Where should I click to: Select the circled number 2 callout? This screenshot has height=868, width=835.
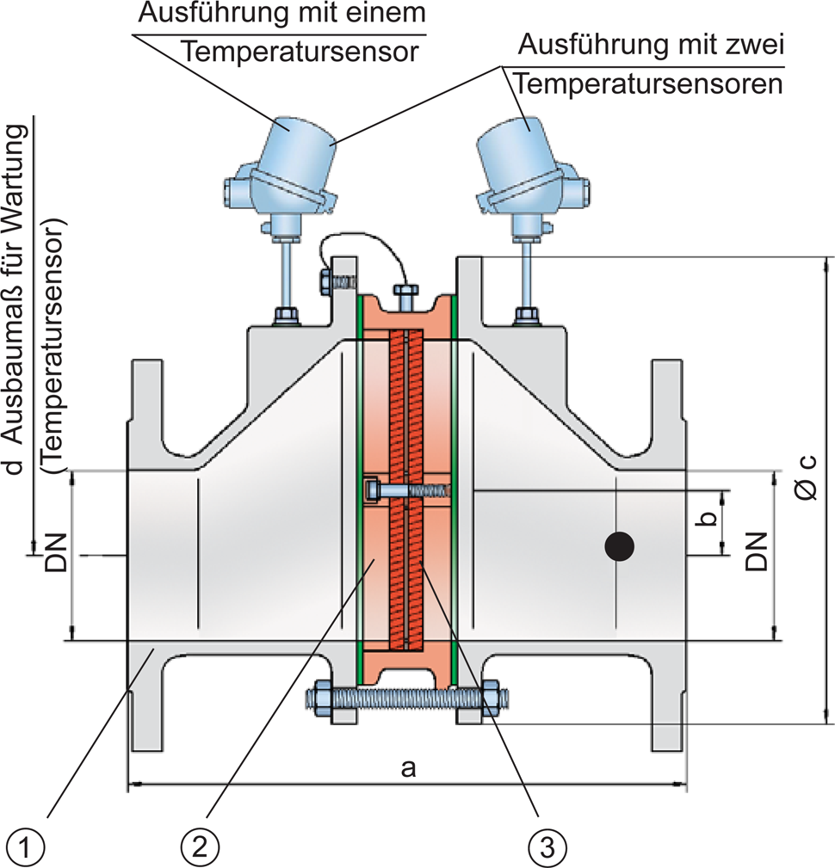(199, 846)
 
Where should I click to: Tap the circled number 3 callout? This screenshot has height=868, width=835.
(547, 846)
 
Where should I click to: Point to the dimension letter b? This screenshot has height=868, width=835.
(707, 520)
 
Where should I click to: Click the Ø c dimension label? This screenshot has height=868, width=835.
(805, 477)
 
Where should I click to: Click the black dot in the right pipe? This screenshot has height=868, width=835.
(619, 545)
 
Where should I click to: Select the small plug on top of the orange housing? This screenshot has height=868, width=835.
(405, 298)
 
